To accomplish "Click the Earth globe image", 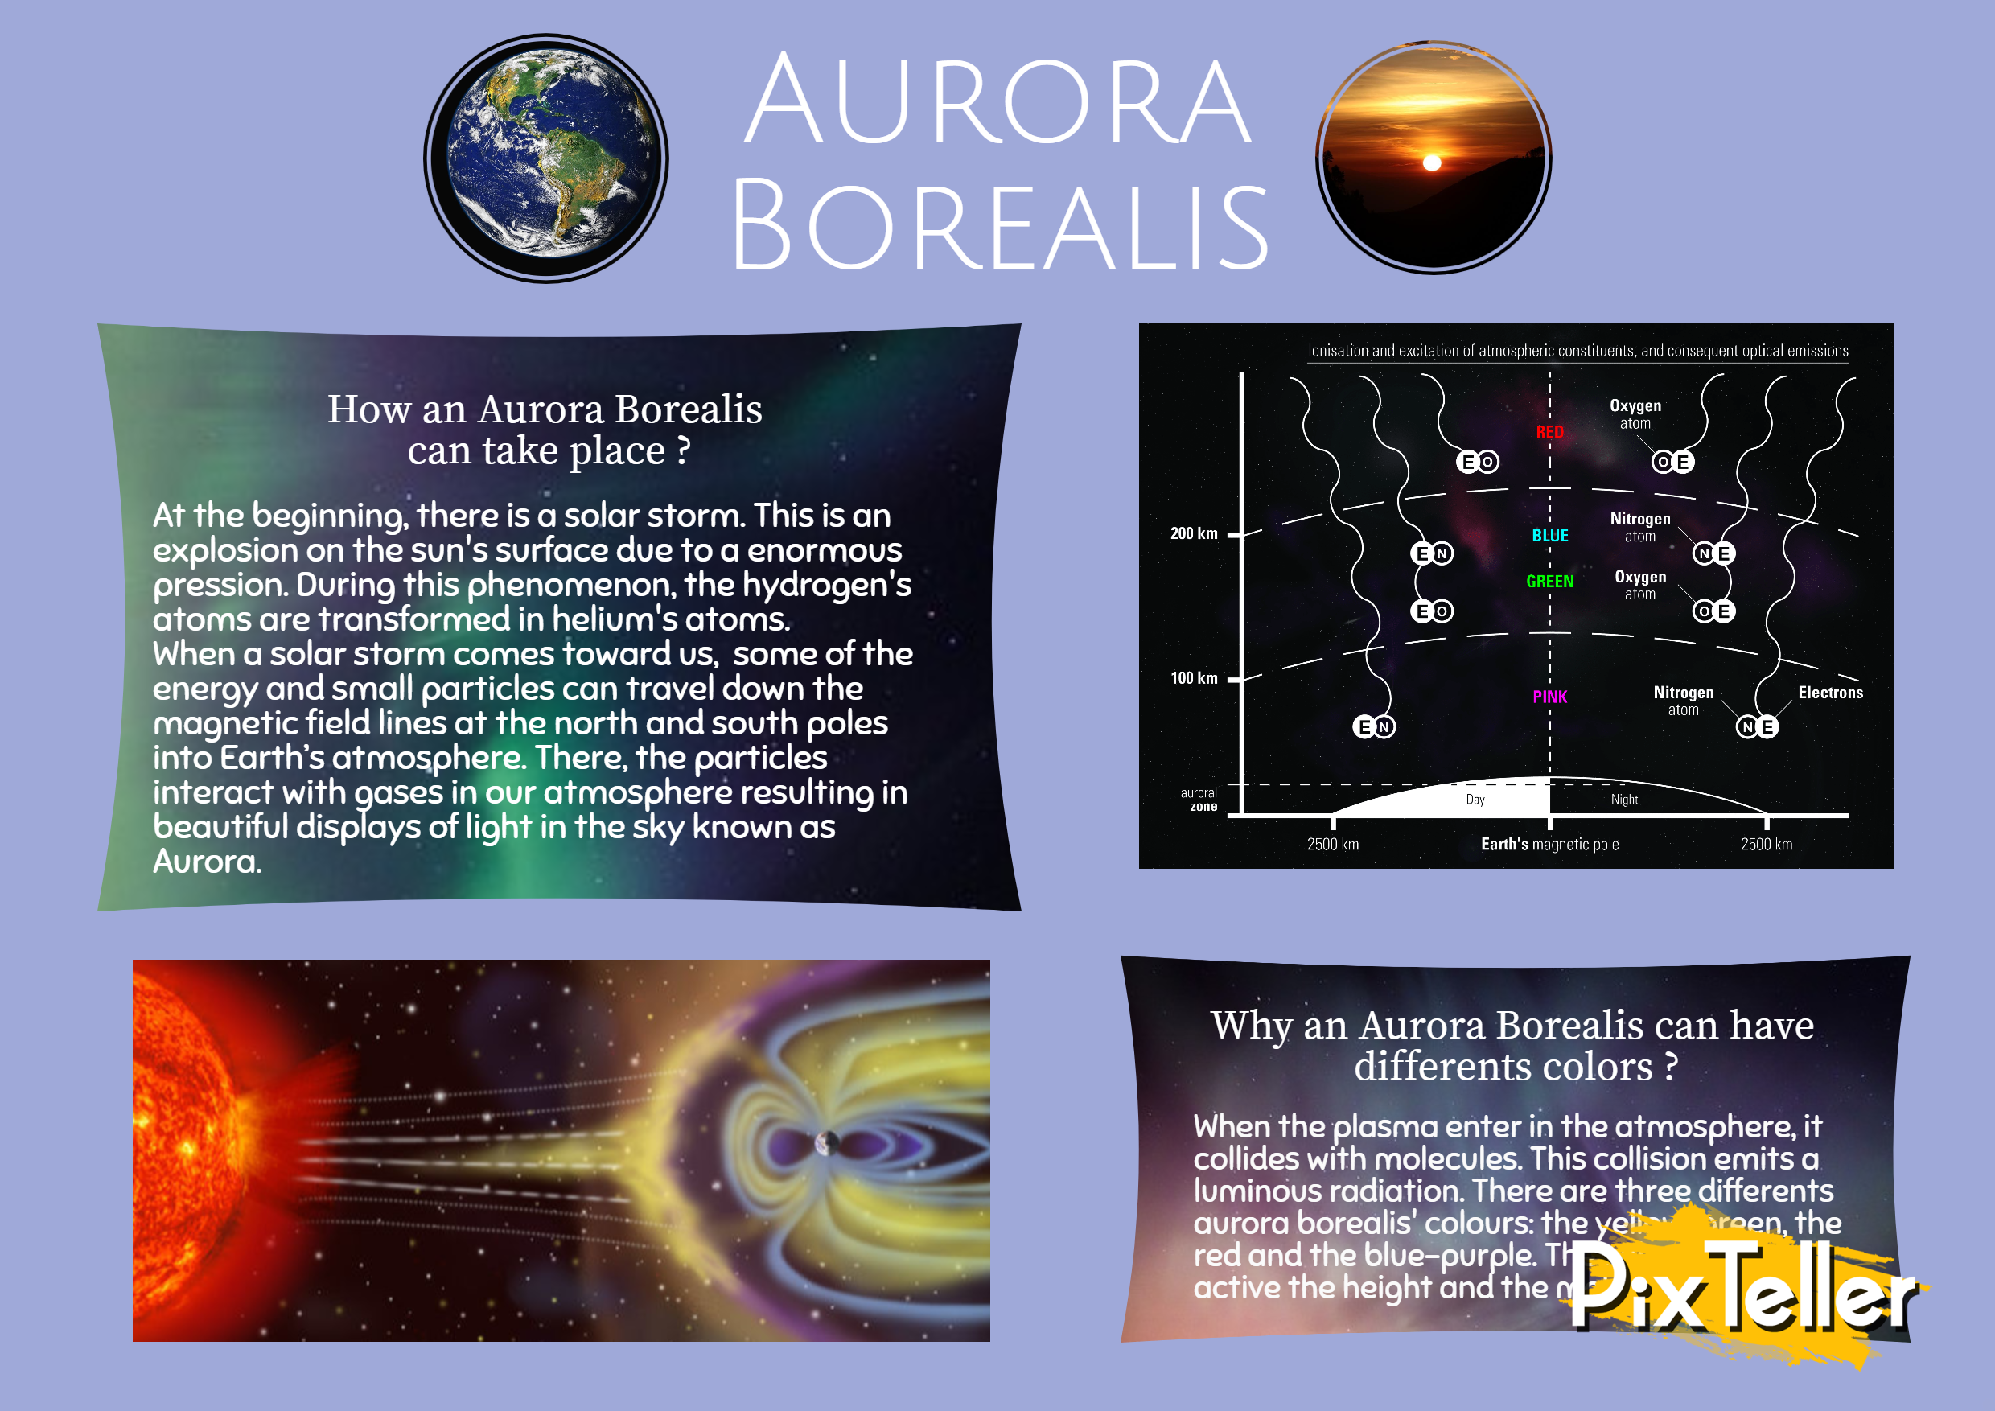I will tap(545, 159).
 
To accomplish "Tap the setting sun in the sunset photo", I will tap(1432, 162).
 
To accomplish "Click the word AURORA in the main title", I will tap(999, 100).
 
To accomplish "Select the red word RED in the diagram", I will tap(1549, 432).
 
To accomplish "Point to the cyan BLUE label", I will tap(1549, 536).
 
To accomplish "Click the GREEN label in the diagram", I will tap(1549, 582).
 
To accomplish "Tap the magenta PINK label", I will tap(1549, 697).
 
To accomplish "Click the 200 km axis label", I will tap(1193, 533).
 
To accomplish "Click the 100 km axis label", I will tap(1193, 677).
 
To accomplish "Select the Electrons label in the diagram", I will tap(1830, 693).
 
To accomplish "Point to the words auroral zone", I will tap(1199, 800).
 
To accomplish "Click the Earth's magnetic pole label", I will tap(1549, 845).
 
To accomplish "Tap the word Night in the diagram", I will tap(1623, 800).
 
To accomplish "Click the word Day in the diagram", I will tap(1475, 800).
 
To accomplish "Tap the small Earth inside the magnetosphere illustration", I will tap(826, 1144).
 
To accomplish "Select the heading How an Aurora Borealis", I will tap(545, 409).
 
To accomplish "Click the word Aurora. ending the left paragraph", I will tap(207, 862).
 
